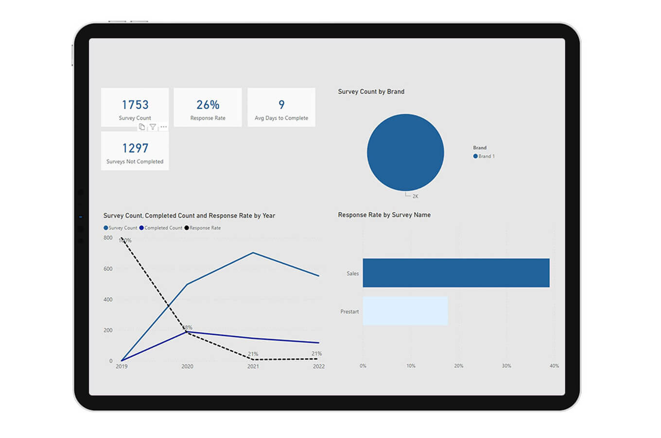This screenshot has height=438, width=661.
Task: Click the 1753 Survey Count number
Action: [x=135, y=105]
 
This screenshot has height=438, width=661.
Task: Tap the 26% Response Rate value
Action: [x=208, y=105]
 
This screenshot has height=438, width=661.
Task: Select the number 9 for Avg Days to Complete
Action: [x=281, y=105]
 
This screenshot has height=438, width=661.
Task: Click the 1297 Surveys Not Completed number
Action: [x=135, y=148]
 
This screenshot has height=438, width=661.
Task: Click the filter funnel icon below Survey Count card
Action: [x=153, y=127]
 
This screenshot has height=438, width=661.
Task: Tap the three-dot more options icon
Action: [x=164, y=127]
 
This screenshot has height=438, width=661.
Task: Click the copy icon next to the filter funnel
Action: [x=142, y=127]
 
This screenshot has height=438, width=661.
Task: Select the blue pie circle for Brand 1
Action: [x=405, y=152]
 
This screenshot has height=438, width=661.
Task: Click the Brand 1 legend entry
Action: [x=484, y=156]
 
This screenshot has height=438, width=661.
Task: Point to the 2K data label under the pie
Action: [x=415, y=196]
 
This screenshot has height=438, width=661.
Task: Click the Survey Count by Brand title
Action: [x=371, y=91]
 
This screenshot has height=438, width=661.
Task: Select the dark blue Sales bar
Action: [x=456, y=273]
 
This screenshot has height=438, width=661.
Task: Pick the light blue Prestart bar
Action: [x=405, y=311]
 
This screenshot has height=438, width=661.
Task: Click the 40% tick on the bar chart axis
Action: [x=554, y=366]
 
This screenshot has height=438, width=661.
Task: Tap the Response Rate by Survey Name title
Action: [x=384, y=215]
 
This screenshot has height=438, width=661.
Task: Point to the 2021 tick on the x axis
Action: [x=253, y=366]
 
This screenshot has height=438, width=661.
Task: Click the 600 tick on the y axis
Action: [x=108, y=269]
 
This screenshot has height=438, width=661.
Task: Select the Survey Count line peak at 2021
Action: [x=253, y=253]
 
